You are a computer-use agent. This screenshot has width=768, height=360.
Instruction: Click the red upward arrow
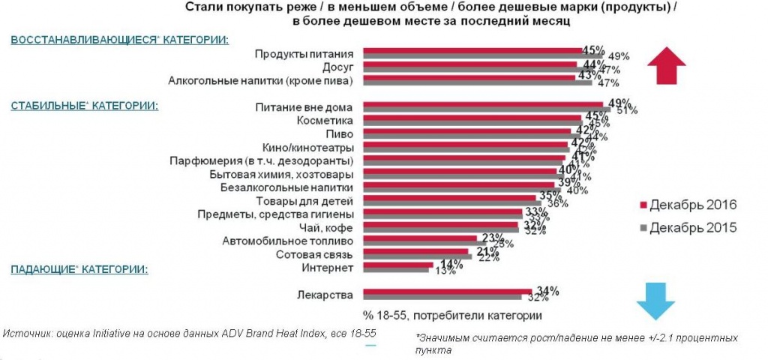(667, 66)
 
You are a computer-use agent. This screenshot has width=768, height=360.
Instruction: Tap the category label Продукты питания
(304, 53)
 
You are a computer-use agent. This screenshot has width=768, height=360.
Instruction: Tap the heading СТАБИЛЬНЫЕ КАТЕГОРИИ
(84, 106)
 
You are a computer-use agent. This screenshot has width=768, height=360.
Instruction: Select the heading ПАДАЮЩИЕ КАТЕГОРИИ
(78, 268)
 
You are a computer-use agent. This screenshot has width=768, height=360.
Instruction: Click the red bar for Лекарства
(447, 292)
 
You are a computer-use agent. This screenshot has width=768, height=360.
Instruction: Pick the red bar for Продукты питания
(472, 50)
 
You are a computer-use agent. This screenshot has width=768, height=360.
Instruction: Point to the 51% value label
(627, 111)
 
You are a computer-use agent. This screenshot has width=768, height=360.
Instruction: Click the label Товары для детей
(311, 200)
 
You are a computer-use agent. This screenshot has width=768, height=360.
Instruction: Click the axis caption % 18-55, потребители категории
(452, 312)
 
